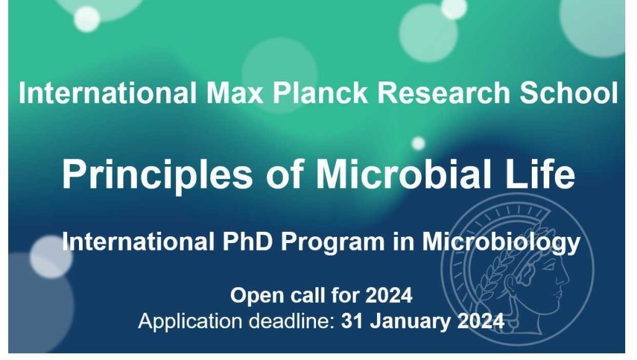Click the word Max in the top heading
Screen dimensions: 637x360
235,93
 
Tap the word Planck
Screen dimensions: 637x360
320,93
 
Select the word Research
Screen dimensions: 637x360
444,93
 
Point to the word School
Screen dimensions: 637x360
569,93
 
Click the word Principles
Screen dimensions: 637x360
157,175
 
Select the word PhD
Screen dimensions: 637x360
248,241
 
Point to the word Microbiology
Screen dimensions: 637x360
501,243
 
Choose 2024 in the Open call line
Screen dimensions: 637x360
389,295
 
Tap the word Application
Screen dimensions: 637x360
190,322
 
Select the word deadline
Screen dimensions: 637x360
291,321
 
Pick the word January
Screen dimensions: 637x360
410,322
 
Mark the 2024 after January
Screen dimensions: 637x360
481,321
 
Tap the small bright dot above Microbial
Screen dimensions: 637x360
418,143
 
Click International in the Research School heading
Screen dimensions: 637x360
108,93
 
